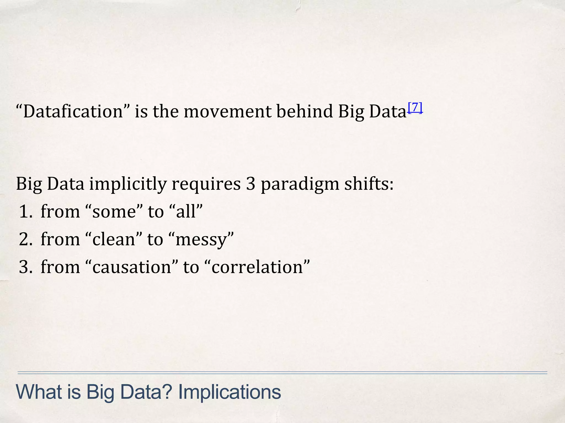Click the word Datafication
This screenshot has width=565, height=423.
(x=73, y=112)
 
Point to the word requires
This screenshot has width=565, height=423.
(x=206, y=184)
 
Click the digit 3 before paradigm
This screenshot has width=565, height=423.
(x=250, y=184)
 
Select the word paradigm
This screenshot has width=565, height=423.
(x=300, y=184)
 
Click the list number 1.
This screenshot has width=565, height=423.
(x=26, y=212)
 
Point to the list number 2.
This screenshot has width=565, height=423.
(x=26, y=239)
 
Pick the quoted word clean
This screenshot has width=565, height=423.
(x=113, y=239)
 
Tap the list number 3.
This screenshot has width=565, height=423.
(x=26, y=267)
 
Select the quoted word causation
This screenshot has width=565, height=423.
(x=132, y=267)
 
